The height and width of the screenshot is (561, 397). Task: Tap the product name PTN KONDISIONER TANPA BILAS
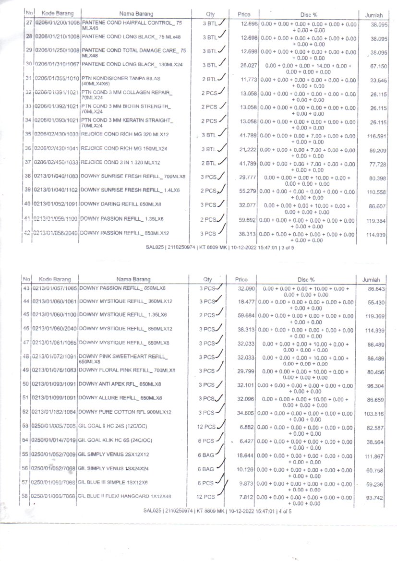click(x=121, y=78)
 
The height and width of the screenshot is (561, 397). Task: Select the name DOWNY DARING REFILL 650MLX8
click(x=120, y=204)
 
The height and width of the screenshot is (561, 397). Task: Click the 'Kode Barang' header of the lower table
click(x=55, y=279)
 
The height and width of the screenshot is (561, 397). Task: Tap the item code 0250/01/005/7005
click(x=54, y=427)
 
